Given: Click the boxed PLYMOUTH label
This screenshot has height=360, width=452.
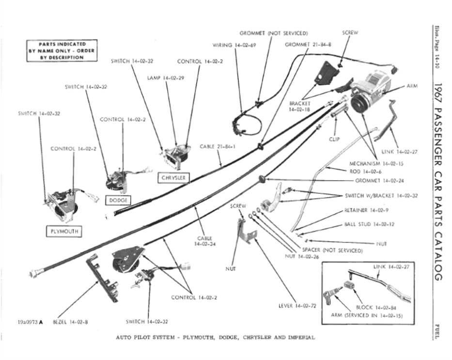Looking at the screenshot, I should (64, 231).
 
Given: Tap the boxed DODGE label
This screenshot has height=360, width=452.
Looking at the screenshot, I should (118, 200).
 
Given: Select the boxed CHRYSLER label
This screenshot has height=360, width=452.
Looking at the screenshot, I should (173, 177).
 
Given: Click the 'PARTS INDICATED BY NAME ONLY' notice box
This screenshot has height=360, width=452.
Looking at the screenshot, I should (61, 50).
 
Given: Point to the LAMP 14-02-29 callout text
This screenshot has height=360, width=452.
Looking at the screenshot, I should (166, 78).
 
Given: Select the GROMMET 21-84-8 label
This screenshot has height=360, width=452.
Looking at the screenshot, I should (308, 45).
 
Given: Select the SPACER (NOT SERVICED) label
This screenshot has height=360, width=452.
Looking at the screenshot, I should (332, 250).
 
